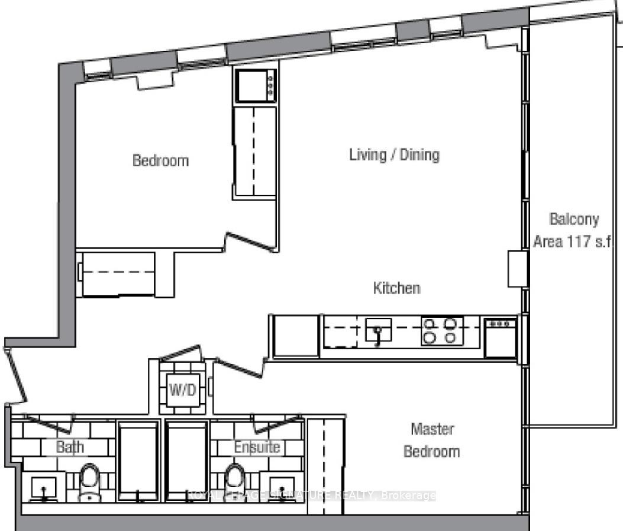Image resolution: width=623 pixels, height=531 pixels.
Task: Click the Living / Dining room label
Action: click(394, 155)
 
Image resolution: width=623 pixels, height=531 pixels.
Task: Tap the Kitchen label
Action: click(396, 288)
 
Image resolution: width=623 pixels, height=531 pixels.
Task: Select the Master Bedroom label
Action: click(432, 440)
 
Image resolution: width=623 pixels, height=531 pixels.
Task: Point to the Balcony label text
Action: click(574, 219)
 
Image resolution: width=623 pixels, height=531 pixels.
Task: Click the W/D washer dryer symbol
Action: click(183, 390)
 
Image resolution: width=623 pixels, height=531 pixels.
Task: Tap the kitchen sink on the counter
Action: click(378, 330)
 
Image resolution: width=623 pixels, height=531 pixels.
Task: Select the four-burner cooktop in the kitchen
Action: click(442, 331)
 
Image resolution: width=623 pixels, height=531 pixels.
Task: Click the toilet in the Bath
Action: click(89, 482)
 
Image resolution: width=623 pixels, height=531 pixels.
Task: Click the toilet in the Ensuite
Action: click(235, 482)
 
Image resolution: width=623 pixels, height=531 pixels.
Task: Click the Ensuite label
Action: click(257, 447)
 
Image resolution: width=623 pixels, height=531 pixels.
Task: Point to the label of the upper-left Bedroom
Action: click(160, 160)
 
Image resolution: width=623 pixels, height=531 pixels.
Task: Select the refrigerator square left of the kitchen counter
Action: click(296, 336)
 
